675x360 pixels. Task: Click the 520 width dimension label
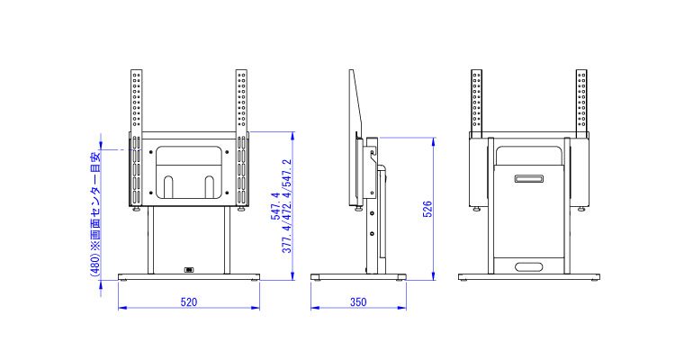point(189,301)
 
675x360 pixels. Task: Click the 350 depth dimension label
point(358,301)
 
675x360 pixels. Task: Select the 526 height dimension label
point(427,209)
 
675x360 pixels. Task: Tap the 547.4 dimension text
point(275,206)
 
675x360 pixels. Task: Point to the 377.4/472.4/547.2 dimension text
point(287,206)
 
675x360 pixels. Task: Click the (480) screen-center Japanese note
point(95,213)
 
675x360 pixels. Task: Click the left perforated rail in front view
point(136,138)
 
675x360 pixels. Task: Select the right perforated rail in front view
point(241,138)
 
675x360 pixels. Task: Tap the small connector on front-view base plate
point(189,270)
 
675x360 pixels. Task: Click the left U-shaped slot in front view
point(168,187)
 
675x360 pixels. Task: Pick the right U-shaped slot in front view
point(209,187)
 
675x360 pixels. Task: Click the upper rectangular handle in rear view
point(528,178)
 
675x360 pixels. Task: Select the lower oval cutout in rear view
point(528,267)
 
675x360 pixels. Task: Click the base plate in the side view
point(358,276)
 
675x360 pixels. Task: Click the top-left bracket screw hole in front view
point(150,152)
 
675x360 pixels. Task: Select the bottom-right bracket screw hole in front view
point(227,193)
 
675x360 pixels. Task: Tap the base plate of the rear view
point(529,276)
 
